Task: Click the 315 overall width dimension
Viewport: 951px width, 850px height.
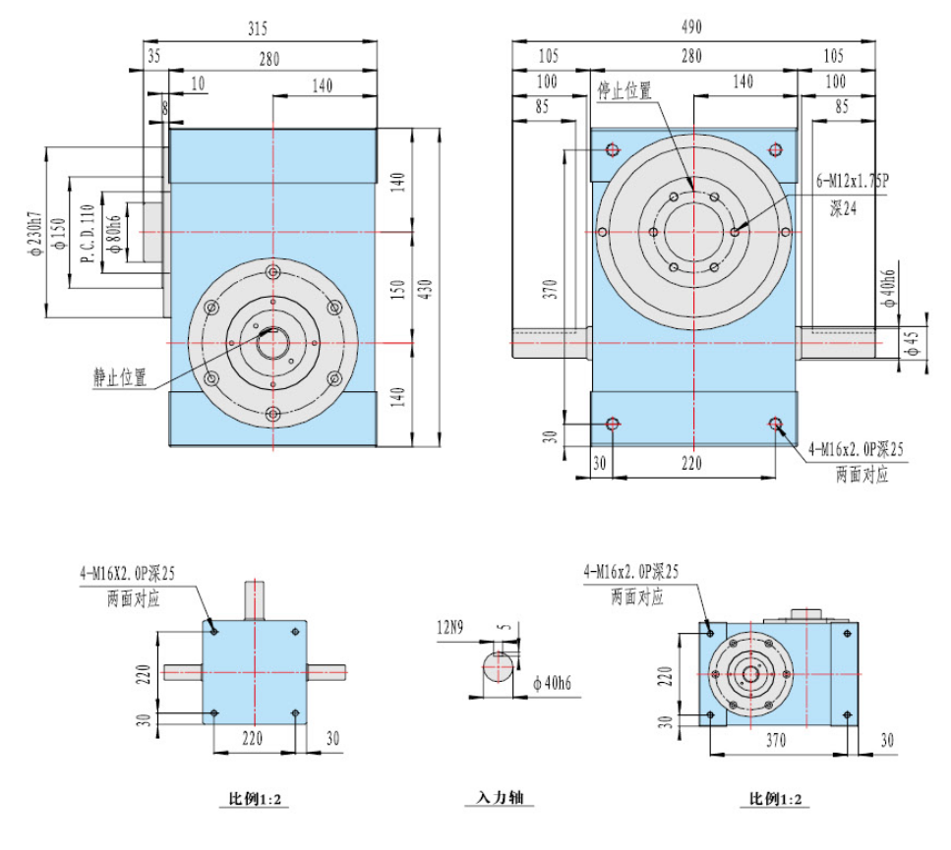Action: [x=258, y=28]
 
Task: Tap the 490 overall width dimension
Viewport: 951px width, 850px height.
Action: [x=691, y=27]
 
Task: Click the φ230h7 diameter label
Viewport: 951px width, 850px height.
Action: [x=34, y=233]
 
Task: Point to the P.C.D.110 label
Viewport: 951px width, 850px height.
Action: [x=88, y=233]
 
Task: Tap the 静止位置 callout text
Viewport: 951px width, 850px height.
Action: [x=120, y=376]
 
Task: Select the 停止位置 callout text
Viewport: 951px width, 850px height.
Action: [x=624, y=90]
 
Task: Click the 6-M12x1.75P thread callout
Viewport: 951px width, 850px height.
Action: [x=853, y=181]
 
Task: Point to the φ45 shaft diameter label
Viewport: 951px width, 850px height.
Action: [x=912, y=343]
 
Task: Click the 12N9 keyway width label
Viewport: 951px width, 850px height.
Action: [x=450, y=627]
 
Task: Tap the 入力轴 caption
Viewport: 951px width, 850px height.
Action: [x=500, y=797]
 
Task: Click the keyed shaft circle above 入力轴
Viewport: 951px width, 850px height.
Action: [x=498, y=667]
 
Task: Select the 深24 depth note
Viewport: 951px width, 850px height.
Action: [x=843, y=209]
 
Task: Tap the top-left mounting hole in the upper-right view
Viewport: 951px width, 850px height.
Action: [x=613, y=149]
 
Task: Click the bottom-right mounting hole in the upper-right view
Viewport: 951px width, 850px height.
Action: [x=775, y=424]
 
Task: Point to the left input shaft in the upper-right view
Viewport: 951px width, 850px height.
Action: [x=552, y=343]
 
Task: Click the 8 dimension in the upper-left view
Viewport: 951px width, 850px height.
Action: [x=164, y=108]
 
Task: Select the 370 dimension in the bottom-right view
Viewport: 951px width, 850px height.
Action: [x=776, y=740]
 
